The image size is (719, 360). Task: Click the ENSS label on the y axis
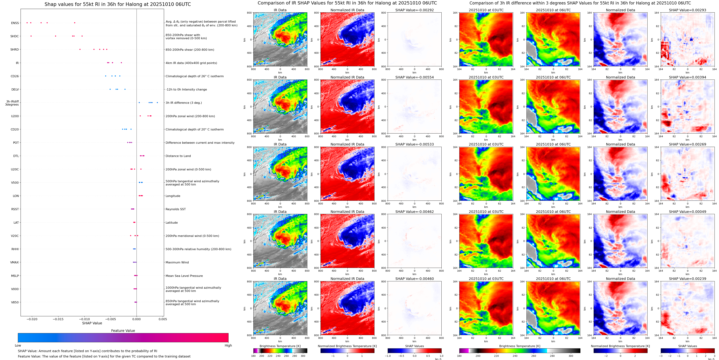point(15,23)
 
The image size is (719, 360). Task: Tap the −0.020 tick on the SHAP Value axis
point(32,319)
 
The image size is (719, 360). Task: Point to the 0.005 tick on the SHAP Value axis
point(163,319)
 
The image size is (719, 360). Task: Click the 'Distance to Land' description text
point(178,156)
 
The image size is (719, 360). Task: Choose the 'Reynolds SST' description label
point(175,209)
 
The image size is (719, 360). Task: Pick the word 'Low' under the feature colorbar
point(18,345)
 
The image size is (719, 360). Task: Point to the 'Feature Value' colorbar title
point(123,331)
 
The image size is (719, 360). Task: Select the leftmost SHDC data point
point(31,36)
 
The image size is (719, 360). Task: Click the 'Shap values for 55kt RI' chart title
point(117,4)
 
